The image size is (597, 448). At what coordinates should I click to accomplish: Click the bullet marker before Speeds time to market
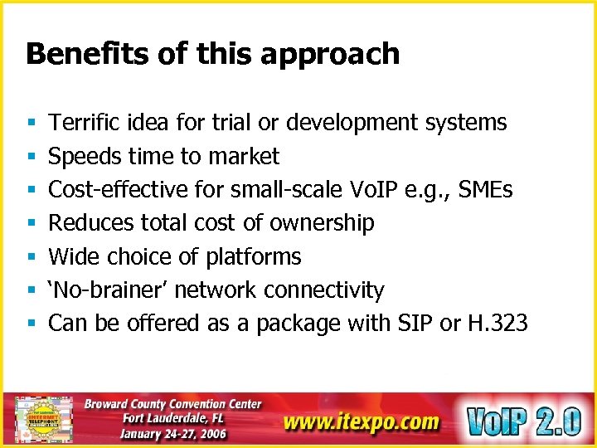click(x=30, y=157)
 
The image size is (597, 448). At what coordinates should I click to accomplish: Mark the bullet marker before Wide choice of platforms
click(x=30, y=257)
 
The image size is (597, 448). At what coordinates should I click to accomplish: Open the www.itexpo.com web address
click(x=361, y=421)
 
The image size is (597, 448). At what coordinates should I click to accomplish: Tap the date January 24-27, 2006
click(x=172, y=432)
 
